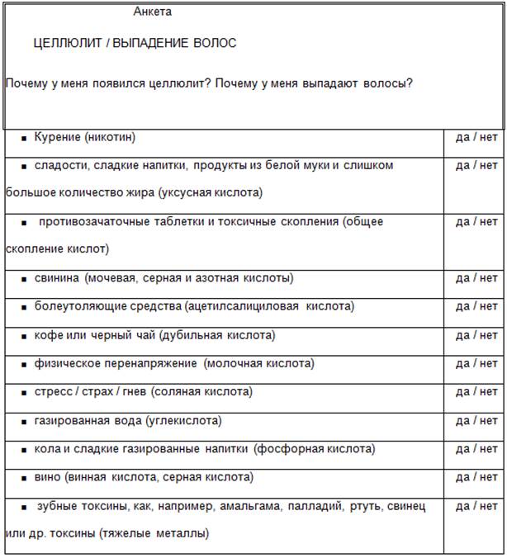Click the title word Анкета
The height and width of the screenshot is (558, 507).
(x=153, y=12)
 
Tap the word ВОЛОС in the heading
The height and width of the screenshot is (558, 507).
(x=216, y=43)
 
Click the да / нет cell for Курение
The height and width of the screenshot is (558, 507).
(x=476, y=137)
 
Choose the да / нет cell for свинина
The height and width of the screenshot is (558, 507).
(x=476, y=278)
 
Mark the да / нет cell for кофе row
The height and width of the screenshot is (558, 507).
(x=476, y=335)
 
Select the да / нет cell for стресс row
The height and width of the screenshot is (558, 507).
(x=476, y=391)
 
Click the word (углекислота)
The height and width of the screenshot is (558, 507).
(x=183, y=420)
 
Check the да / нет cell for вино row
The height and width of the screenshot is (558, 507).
(x=476, y=477)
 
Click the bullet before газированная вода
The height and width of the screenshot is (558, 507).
(x=25, y=421)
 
